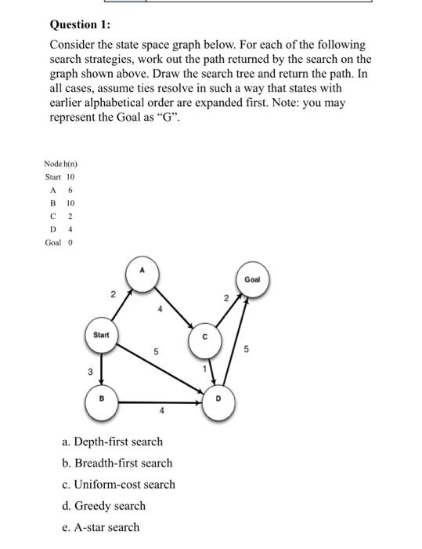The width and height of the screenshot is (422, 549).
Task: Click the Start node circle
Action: click(100, 336)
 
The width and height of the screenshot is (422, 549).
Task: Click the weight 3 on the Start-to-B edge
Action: click(89, 372)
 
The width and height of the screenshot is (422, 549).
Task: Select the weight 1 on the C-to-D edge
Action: click(204, 369)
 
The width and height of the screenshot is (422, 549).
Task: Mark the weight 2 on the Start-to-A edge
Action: click(113, 296)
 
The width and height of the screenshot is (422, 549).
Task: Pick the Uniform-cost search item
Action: click(118, 484)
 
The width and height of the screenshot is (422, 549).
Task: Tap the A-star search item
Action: click(100, 527)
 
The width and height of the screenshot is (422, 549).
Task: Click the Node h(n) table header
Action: click(61, 163)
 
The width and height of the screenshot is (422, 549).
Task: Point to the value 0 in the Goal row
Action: click(70, 242)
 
